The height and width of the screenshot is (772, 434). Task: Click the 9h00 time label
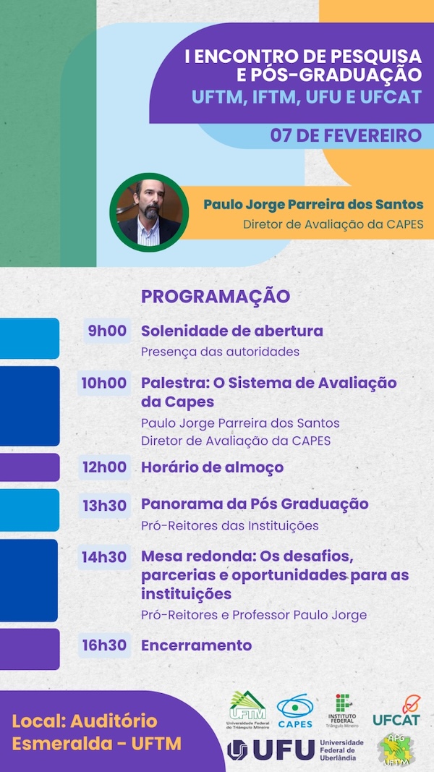107,331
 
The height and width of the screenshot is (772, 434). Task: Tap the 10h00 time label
104,383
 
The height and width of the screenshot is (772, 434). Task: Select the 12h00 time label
105,467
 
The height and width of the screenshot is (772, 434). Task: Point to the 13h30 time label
105,505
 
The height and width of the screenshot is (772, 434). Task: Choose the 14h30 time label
105,557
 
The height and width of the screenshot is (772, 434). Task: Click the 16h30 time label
105,645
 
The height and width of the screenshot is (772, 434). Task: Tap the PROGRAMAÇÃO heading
216,297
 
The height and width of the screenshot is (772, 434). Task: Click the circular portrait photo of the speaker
149,212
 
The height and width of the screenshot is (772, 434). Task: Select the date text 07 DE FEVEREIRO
346,135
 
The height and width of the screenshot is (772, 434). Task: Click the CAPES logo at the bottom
295,711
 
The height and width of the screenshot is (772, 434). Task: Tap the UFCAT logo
396,711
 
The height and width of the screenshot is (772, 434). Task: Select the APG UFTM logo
394,750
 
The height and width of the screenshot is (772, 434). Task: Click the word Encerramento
196,645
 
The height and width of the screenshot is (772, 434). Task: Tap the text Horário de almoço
212,467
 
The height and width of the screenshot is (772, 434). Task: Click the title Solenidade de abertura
232,331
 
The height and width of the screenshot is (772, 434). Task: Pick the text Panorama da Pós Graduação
255,504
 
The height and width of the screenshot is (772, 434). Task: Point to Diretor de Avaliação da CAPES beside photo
333,224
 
